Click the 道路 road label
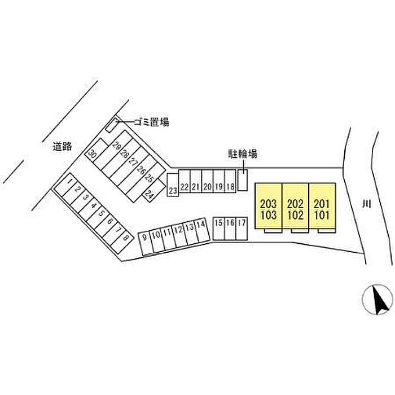pos(62,147)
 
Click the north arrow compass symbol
pos(378,300)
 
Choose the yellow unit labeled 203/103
pos(268,206)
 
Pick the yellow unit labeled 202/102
pos(295,206)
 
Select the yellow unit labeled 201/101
pos(322,206)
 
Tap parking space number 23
pos(173,185)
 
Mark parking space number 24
pos(153,191)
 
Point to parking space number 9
pos(146,243)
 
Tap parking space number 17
pos(242,229)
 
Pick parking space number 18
pos(230,181)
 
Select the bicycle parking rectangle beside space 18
pos(243,180)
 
